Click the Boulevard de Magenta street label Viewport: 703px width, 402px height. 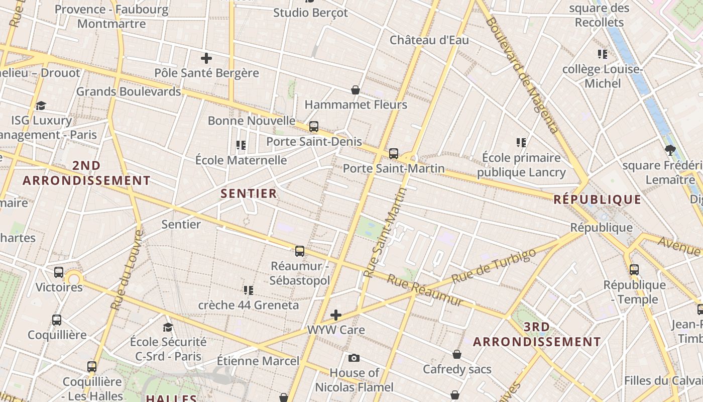click(522, 75)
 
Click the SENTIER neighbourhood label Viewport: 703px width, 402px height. click(249, 193)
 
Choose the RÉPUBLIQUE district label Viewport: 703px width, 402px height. click(597, 199)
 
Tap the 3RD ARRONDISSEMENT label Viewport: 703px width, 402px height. click(537, 335)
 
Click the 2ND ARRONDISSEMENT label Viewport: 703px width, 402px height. click(86, 173)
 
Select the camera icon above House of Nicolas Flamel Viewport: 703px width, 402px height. click(354, 358)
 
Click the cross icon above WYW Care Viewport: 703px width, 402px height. click(336, 316)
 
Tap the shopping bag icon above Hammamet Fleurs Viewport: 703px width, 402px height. click(356, 90)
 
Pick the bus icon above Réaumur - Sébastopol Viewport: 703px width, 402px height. click(300, 251)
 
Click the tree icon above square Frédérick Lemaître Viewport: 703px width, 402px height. click(669, 150)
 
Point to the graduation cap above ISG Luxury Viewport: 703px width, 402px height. click(41, 106)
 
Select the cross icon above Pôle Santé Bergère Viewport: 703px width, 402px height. click(206, 58)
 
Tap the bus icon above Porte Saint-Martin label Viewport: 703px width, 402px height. click(394, 154)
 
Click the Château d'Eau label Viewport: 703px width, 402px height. click(429, 40)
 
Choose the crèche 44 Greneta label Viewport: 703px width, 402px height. click(248, 305)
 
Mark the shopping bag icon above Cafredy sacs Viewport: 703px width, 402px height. click(457, 355)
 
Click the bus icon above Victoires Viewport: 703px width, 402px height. click(59, 272)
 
